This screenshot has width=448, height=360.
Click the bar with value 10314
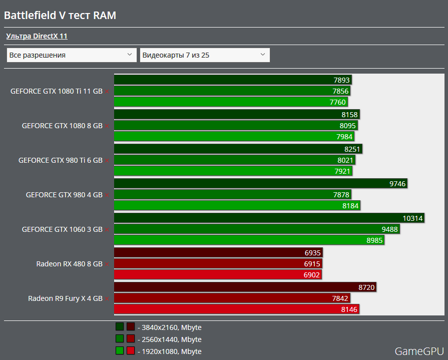pyautogui.click(x=269, y=218)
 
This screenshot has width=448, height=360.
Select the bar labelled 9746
pyautogui.click(x=260, y=183)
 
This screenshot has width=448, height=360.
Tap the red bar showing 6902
pyautogui.click(x=218, y=275)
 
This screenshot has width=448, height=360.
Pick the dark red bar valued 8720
pyautogui.click(x=245, y=287)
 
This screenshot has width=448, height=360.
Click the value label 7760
pyautogui.click(x=338, y=102)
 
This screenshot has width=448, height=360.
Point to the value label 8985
pyautogui.click(x=375, y=240)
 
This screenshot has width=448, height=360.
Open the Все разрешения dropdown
pyautogui.click(x=72, y=55)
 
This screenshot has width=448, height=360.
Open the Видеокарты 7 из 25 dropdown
pyautogui.click(x=205, y=55)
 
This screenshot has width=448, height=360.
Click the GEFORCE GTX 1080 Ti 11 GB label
pyautogui.click(x=56, y=91)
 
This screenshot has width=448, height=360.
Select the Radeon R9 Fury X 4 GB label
pyautogui.click(x=65, y=298)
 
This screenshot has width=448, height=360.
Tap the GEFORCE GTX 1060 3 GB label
pyautogui.click(x=62, y=229)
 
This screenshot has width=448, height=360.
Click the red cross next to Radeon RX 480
pyautogui.click(x=107, y=264)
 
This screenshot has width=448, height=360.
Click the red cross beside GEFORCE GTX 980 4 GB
pyautogui.click(x=107, y=195)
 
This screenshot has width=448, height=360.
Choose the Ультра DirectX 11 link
pyautogui.click(x=37, y=36)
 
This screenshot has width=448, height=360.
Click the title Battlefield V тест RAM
pyautogui.click(x=60, y=15)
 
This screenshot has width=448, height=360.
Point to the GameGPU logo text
pyautogui.click(x=419, y=351)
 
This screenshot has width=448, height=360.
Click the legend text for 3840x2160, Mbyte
pyautogui.click(x=172, y=327)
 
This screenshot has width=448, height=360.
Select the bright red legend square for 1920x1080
pyautogui.click(x=131, y=351)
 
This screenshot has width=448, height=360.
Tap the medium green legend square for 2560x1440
pyautogui.click(x=120, y=339)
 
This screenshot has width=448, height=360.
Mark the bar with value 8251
pyautogui.click(x=238, y=149)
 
